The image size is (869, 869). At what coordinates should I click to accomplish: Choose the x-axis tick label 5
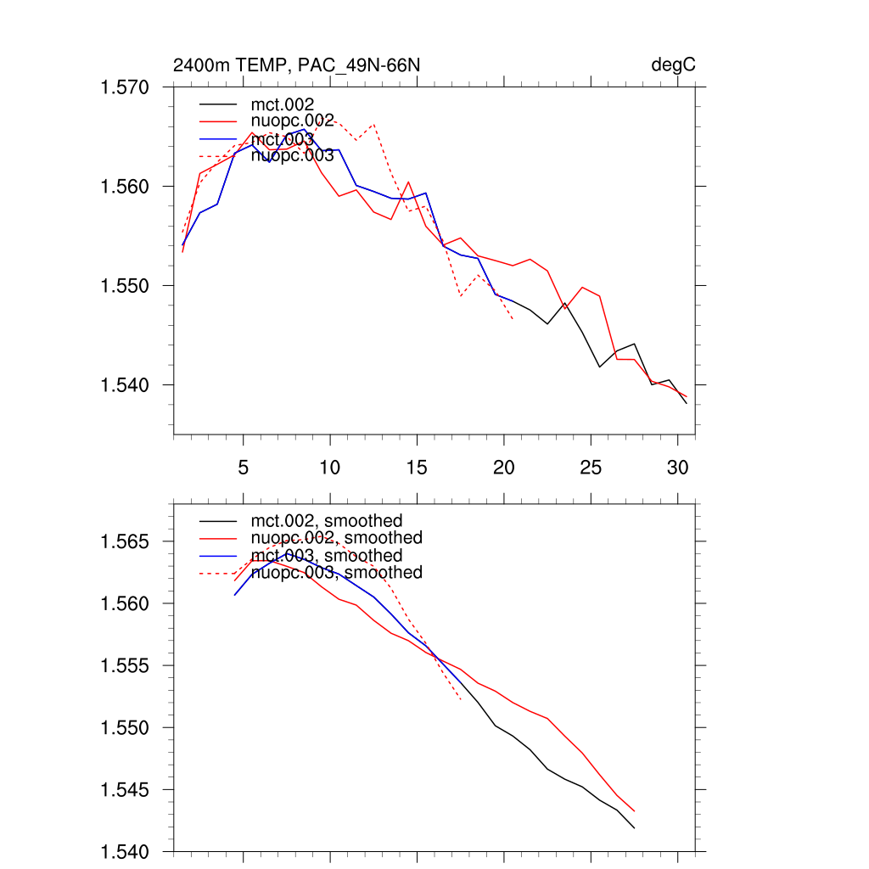pos(244,467)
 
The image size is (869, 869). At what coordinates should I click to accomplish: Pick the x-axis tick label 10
pos(330,467)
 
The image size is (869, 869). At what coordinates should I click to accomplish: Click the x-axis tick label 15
pos(417,467)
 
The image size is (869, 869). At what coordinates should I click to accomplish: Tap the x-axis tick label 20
pos(504,467)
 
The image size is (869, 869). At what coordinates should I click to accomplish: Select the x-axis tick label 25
pos(591,467)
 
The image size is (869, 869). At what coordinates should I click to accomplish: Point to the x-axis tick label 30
pos(677,467)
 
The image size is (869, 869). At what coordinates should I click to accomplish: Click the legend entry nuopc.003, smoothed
pos(336,573)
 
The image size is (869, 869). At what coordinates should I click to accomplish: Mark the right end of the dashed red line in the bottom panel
pos(461,700)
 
